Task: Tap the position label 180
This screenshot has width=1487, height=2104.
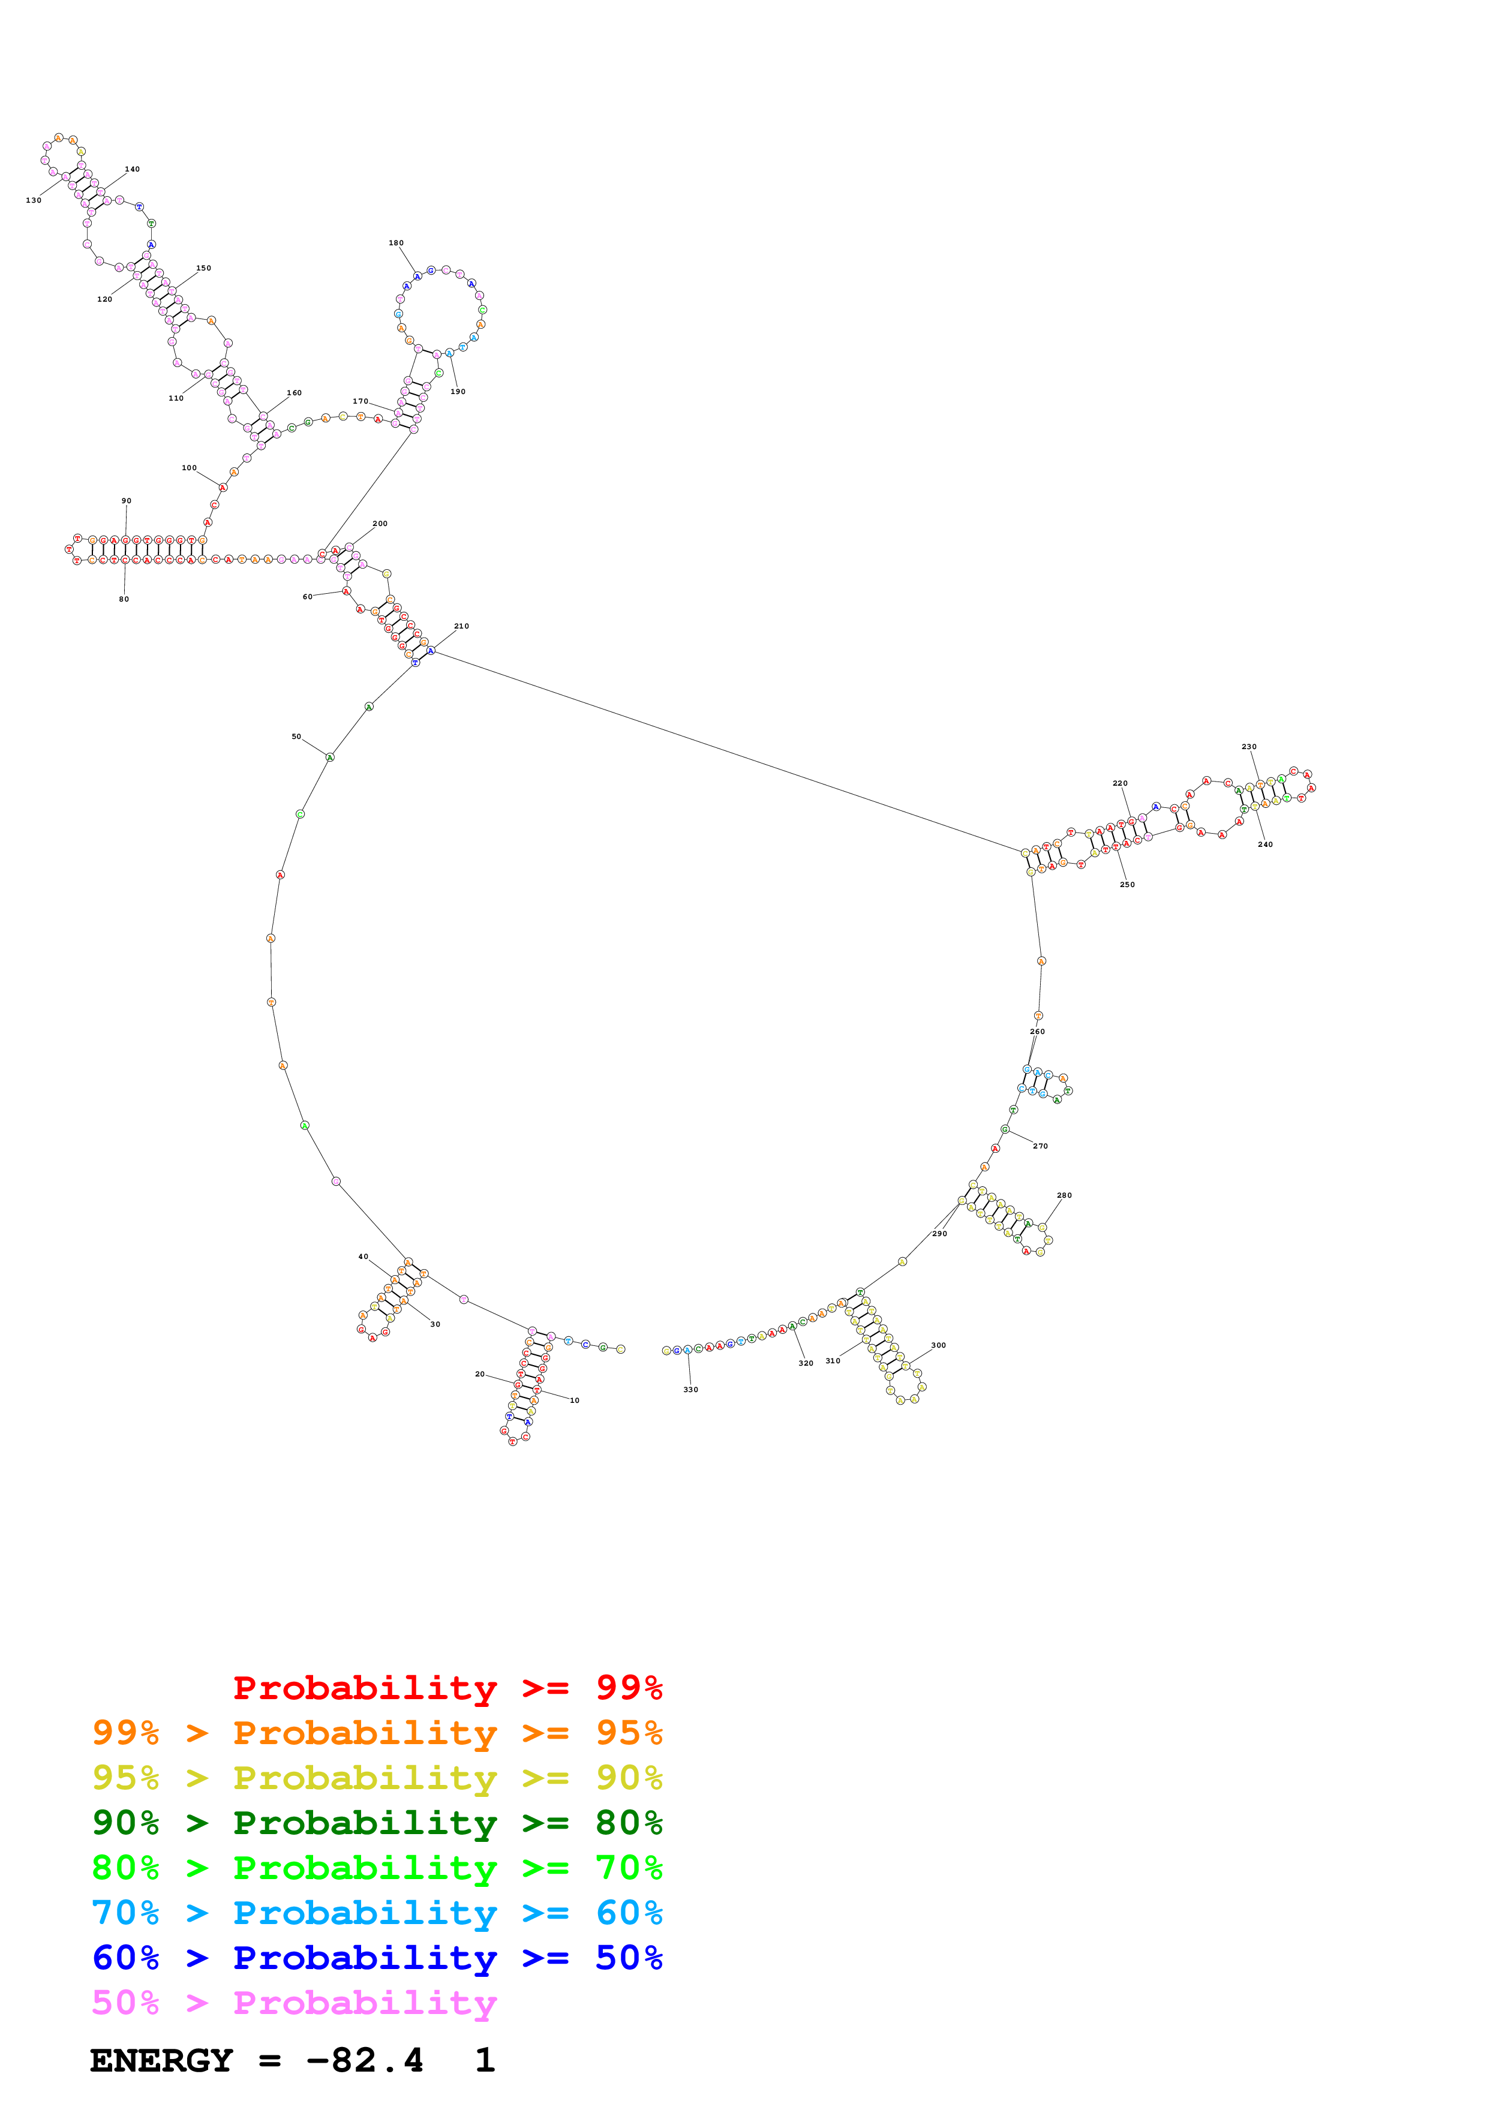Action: pos(396,243)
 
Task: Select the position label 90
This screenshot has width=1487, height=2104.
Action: pos(127,500)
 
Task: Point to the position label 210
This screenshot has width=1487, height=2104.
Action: pos(461,626)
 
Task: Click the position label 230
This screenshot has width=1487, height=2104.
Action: pos(1249,746)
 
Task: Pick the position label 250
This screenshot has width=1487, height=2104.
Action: pos(1127,884)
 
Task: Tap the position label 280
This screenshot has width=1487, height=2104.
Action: pos(1064,1195)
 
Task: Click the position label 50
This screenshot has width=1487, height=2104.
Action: pos(296,736)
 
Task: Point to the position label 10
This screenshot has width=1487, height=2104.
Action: pos(575,1400)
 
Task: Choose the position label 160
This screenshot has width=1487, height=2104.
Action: pos(294,392)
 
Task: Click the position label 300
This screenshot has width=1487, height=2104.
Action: pos(938,1345)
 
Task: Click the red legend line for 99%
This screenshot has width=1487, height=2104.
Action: pos(447,1688)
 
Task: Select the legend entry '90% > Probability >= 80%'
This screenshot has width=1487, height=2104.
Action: pos(377,1823)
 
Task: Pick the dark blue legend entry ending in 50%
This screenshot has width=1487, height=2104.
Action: pos(377,1958)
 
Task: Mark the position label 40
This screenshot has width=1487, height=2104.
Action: pos(363,1257)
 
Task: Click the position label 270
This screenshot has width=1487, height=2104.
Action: pos(1040,1146)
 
